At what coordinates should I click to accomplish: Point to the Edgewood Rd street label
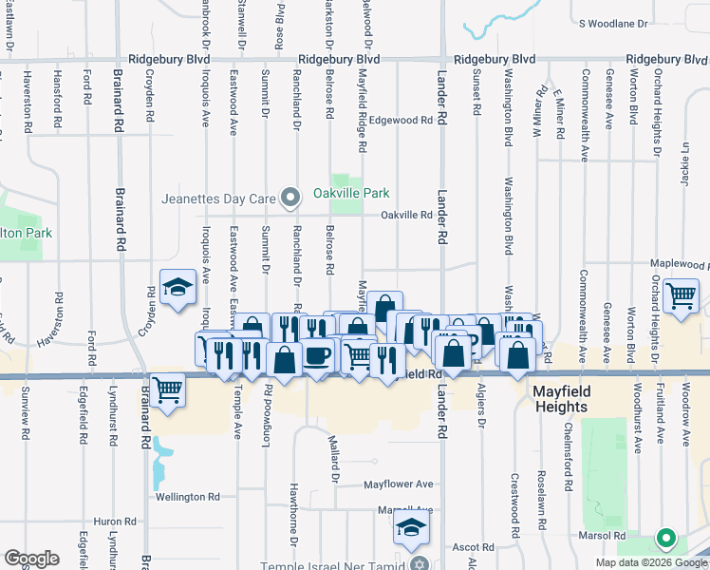tap(401, 121)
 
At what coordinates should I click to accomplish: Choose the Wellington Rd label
tap(188, 497)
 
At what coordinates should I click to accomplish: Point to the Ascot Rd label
tap(473, 547)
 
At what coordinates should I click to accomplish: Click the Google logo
tap(31, 559)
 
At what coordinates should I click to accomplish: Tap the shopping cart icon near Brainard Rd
tap(167, 389)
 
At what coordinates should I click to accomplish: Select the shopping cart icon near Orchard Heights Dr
tap(681, 295)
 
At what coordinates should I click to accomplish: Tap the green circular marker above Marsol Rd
tap(665, 539)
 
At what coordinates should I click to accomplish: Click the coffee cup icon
tap(317, 356)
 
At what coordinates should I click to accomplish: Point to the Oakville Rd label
tap(406, 215)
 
